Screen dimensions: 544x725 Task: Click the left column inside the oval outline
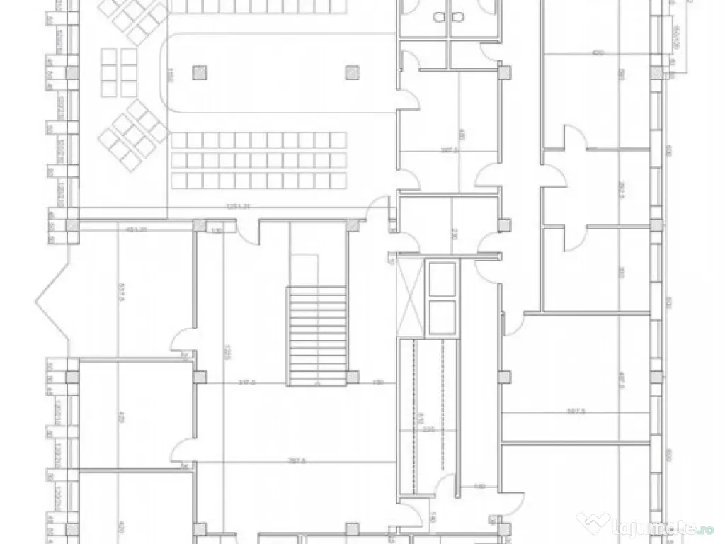pyautogui.click(x=199, y=71)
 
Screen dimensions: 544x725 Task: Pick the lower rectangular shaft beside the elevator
pyautogui.click(x=443, y=316)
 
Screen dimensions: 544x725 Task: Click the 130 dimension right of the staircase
pyautogui.click(x=378, y=382)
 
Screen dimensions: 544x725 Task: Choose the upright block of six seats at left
pyautogui.click(x=119, y=72)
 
